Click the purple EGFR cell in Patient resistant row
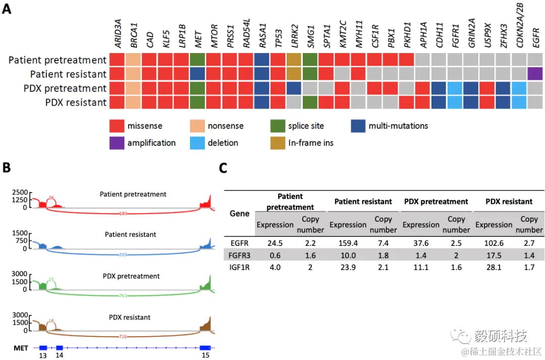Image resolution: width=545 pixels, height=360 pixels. click(534, 74)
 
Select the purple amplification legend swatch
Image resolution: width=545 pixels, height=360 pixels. click(117, 142)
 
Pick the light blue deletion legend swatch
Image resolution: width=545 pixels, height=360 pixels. click(198, 142)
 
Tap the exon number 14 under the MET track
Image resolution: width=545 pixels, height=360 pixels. click(60, 355)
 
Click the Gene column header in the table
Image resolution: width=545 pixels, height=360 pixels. click(239, 214)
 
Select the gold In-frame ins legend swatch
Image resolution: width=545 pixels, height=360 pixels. click(278, 142)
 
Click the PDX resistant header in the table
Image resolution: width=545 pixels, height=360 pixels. click(509, 201)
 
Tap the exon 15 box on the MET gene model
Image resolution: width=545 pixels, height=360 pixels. click(205, 347)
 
